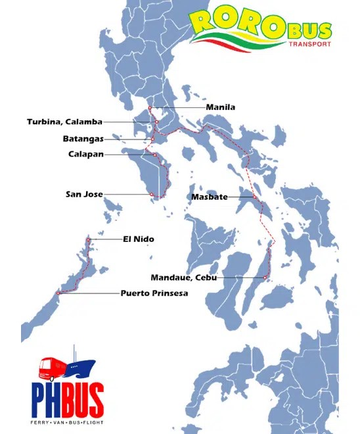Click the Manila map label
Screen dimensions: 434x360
point(220,107)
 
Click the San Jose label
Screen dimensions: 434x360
point(83,194)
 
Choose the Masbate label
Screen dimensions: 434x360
point(210,197)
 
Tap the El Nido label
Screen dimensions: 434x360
point(139,239)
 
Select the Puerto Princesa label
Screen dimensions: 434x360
point(154,293)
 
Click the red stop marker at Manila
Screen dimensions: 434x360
point(150,107)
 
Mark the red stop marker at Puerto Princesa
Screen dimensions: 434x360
point(58,293)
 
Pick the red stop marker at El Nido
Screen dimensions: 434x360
point(89,240)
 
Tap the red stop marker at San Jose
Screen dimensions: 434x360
point(152,194)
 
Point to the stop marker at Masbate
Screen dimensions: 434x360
point(255,196)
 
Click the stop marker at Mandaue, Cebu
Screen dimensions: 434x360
point(265,277)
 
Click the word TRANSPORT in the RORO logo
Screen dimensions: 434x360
point(310,45)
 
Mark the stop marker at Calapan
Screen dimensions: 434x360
point(154,155)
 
